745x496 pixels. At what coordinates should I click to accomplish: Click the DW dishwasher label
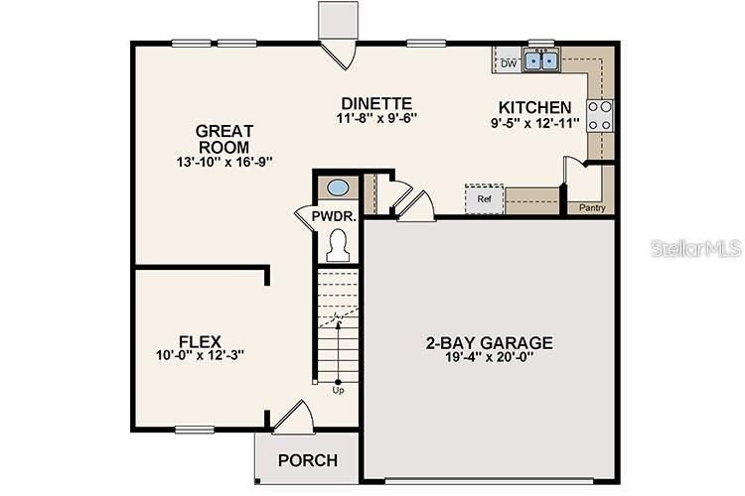(509, 63)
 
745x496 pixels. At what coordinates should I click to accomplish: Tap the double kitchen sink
(541, 61)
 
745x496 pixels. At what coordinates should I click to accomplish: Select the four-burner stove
(600, 115)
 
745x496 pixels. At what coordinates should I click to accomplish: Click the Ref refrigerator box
(484, 198)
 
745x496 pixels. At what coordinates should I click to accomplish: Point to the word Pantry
(592, 208)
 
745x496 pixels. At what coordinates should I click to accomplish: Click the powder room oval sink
(338, 187)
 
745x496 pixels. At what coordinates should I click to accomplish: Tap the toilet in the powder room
(338, 245)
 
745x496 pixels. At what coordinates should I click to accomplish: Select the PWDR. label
(334, 216)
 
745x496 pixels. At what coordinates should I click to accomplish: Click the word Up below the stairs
(338, 390)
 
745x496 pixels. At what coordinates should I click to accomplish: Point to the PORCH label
(308, 460)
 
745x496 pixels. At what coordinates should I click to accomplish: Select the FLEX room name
(200, 341)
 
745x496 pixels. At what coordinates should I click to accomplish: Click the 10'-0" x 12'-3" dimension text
(200, 355)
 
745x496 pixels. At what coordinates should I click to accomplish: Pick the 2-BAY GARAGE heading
(490, 342)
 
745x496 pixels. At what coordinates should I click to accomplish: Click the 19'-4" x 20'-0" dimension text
(490, 356)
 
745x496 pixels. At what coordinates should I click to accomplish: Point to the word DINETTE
(376, 103)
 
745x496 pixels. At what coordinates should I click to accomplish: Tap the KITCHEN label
(535, 107)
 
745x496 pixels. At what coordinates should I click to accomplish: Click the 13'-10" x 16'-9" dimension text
(224, 162)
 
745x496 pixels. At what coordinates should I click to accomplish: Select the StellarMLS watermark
(695, 248)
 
